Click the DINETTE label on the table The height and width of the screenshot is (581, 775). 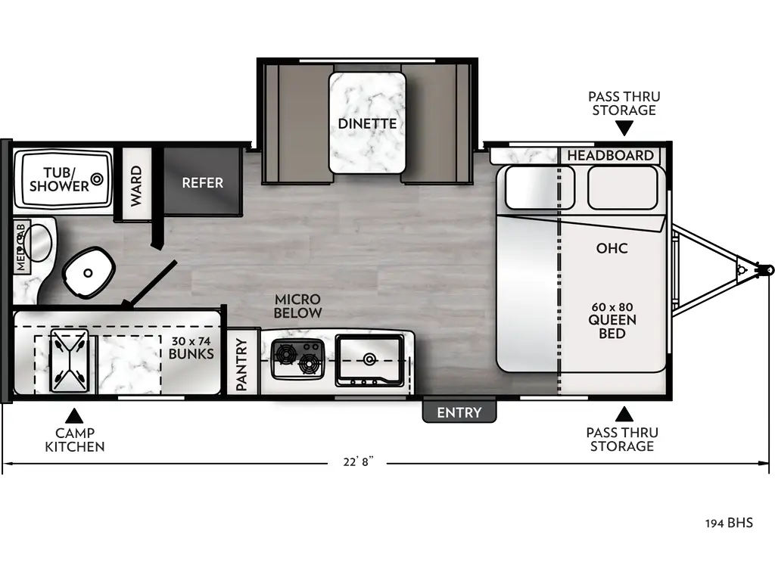[367, 123]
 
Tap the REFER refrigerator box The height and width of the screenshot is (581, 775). [202, 182]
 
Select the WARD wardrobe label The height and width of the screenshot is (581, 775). [136, 185]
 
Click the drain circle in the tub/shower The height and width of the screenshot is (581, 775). [97, 180]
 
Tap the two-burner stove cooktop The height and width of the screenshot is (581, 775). [297, 358]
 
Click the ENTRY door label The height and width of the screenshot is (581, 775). [459, 412]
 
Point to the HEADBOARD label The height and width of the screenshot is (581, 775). [610, 155]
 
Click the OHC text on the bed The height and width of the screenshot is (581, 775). [612, 248]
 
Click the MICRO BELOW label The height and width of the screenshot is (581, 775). [297, 306]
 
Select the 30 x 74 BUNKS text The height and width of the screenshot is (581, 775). [191, 346]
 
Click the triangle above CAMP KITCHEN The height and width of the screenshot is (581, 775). [73, 415]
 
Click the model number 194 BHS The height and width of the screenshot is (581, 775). [729, 523]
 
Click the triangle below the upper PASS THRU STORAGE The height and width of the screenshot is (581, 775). [624, 129]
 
